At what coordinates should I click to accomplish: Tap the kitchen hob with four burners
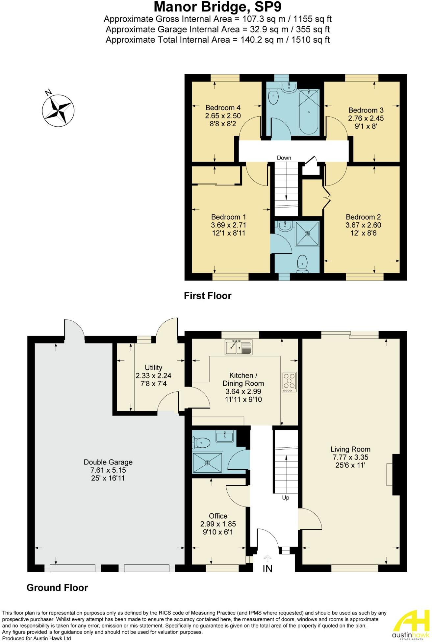(x=289, y=382)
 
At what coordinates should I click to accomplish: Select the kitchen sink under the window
(x=239, y=347)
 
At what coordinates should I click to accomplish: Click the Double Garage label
(x=108, y=462)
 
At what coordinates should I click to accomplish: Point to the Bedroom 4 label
(x=223, y=108)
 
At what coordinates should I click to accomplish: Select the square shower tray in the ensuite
(x=307, y=233)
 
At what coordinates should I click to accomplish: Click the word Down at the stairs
(x=284, y=158)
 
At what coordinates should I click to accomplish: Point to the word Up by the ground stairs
(x=286, y=498)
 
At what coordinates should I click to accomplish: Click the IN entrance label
(x=267, y=569)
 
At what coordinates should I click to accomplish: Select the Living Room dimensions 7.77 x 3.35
(x=350, y=457)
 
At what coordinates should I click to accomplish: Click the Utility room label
(x=153, y=367)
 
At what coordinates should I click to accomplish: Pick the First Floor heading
(x=208, y=296)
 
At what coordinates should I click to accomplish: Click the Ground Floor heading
(x=57, y=588)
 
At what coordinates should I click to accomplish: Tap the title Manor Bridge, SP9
(x=217, y=7)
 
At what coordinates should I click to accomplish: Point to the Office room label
(x=218, y=516)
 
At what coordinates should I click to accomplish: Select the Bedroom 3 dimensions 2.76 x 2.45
(x=366, y=118)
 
